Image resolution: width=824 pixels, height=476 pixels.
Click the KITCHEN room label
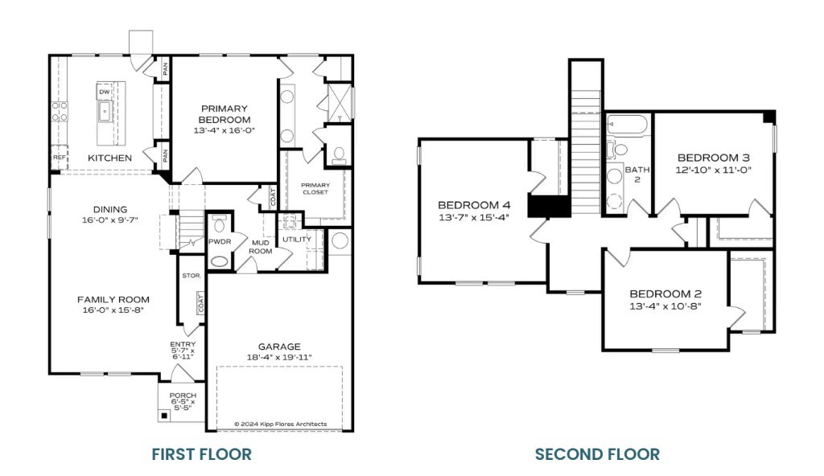(109, 158)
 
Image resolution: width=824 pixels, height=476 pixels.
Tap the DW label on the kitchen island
(105, 92)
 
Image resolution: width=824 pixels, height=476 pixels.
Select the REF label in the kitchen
(59, 158)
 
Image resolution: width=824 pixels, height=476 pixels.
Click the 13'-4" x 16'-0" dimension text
(225, 130)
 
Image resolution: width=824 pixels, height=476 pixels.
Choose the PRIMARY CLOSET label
(315, 188)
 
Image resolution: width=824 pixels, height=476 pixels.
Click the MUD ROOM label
(260, 245)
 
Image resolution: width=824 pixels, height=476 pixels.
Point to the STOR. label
(191, 275)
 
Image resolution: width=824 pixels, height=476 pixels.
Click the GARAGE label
(279, 347)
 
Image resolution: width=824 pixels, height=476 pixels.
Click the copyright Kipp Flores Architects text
(280, 424)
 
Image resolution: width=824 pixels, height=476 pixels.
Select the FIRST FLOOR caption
(201, 454)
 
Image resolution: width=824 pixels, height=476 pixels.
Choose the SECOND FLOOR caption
(597, 454)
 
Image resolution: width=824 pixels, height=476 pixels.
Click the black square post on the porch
(165, 416)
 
